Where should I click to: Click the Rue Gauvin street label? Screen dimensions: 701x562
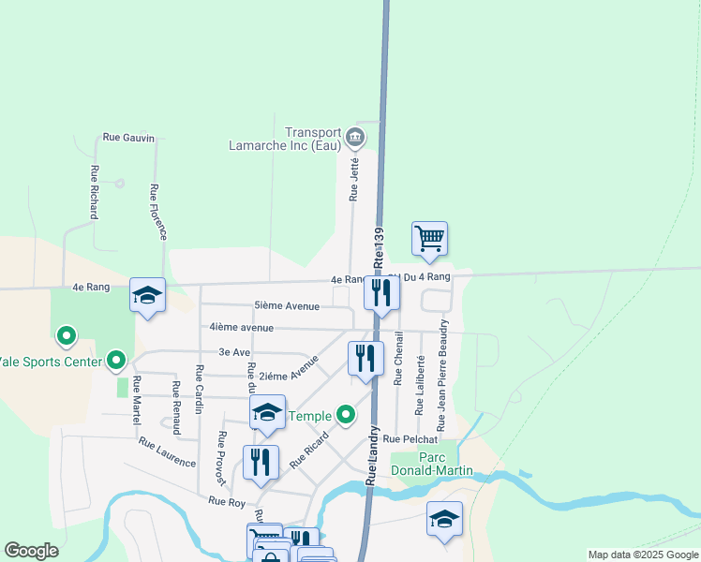(127, 137)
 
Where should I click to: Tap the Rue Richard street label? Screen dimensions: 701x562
(95, 192)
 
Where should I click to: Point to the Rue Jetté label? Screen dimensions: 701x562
(354, 179)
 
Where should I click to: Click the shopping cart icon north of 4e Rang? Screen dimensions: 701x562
(429, 238)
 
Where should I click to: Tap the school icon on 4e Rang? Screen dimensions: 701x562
(147, 295)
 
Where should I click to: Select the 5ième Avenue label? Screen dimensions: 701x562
(287, 306)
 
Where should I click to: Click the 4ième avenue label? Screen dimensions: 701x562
(242, 328)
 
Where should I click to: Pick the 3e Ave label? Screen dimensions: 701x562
(234, 352)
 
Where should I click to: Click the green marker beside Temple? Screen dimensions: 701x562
(346, 414)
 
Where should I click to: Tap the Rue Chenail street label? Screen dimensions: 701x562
(398, 358)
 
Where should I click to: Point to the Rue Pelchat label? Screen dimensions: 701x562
(410, 438)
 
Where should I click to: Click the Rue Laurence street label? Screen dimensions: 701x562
(167, 452)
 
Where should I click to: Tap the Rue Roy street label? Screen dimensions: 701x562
(226, 502)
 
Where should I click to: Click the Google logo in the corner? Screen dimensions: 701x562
(31, 551)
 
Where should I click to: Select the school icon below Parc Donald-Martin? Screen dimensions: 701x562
(444, 520)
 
